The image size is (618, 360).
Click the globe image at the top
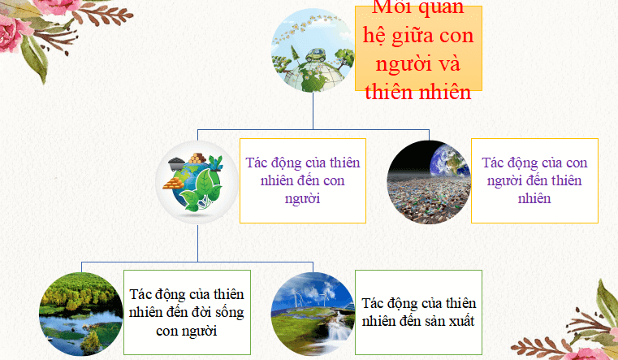(x=313, y=49)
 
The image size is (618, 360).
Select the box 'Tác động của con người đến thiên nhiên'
(x=534, y=180)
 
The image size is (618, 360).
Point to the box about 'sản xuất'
(x=418, y=312)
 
